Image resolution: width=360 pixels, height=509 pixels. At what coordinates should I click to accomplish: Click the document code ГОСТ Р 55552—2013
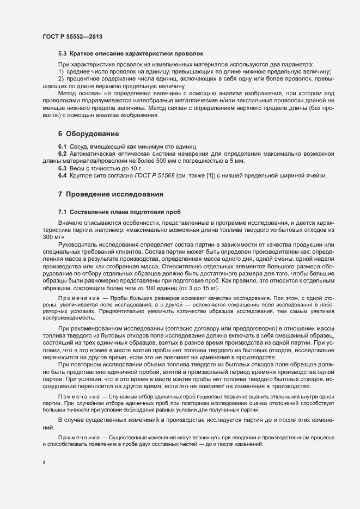pyautogui.click(x=72, y=36)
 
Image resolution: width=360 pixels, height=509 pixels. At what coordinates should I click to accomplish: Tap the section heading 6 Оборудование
pyautogui.click(x=89, y=133)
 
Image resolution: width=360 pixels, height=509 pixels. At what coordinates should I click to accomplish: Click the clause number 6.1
pyautogui.click(x=63, y=148)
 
